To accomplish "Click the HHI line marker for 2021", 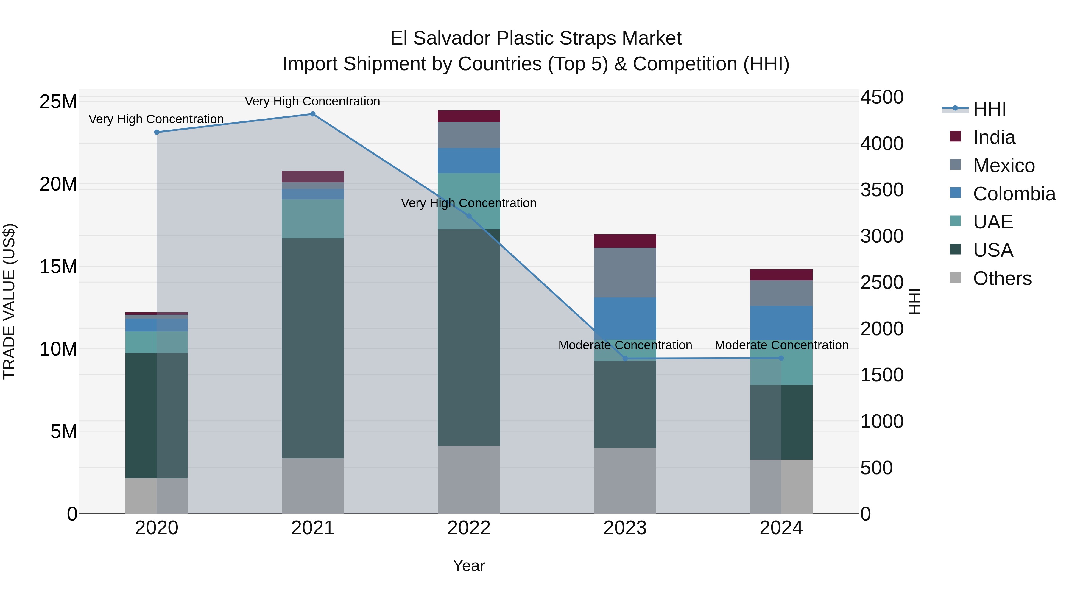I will pos(313,114).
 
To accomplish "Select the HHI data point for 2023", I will pos(625,358).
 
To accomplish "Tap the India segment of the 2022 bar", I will pos(469,116).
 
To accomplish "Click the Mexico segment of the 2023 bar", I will pos(625,272).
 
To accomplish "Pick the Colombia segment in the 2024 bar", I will pos(781,323).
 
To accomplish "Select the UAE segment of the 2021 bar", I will pos(313,219).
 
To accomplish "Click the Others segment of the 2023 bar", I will pos(625,480).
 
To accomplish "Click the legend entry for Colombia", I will pos(1014,194).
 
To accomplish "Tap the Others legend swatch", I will pos(955,278).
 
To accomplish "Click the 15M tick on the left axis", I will pos(58,266).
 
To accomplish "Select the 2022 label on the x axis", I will pos(469,528).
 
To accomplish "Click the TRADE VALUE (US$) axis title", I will pos(9,301).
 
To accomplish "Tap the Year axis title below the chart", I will pos(469,565).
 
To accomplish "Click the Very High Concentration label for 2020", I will pos(156,119).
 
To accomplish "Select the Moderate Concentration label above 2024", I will pos(781,345).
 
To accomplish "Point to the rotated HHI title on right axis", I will pos(914,301).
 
